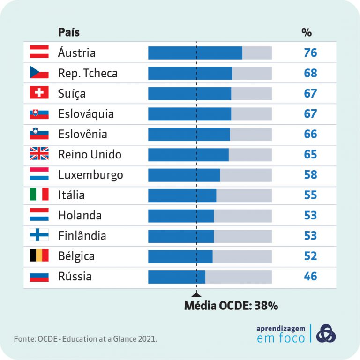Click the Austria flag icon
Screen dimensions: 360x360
(39, 52)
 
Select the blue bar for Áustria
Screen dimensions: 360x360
(195, 52)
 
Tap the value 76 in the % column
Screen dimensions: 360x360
(310, 52)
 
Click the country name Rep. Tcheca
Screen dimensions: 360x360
(88, 73)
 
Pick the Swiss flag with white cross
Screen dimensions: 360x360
(39, 93)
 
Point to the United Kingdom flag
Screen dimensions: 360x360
(39, 154)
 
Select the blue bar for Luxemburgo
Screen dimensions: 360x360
(184, 175)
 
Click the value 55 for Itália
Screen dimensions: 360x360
(310, 195)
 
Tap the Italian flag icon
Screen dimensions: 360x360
(39, 195)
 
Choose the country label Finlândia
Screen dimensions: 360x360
(82, 236)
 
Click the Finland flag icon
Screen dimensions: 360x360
(39, 236)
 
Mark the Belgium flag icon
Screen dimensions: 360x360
(39, 256)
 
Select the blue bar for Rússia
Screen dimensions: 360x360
(176, 277)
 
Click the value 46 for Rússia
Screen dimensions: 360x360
(310, 277)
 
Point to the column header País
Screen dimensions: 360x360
(69, 32)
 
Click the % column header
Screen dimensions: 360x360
(307, 32)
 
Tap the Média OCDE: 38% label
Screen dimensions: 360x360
(231, 306)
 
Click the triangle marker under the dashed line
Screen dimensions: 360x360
(196, 294)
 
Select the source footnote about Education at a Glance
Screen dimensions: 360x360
(85, 338)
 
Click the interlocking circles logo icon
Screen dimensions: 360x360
(326, 333)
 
